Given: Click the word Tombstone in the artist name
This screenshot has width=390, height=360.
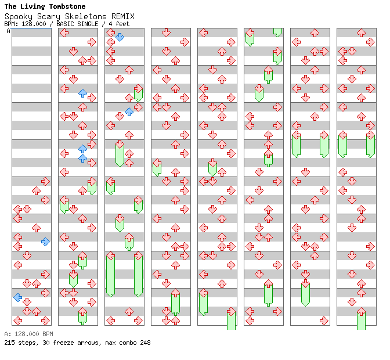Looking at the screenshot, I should pyautogui.click(x=66, y=6).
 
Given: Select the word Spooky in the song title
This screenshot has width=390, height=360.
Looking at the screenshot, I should pyautogui.click(x=18, y=16).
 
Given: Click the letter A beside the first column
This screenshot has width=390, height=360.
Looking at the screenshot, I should pyautogui.click(x=9, y=31).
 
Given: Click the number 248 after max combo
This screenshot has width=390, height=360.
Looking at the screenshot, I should pyautogui.click(x=145, y=343).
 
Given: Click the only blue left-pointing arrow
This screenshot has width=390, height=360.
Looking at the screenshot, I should pyautogui.click(x=18, y=297).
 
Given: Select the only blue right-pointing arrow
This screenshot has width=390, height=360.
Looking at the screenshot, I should pyautogui.click(x=45, y=242).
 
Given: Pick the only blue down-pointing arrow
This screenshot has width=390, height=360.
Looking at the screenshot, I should pyautogui.click(x=120, y=37).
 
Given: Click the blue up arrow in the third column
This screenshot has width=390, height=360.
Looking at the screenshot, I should pyautogui.click(x=129, y=111).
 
